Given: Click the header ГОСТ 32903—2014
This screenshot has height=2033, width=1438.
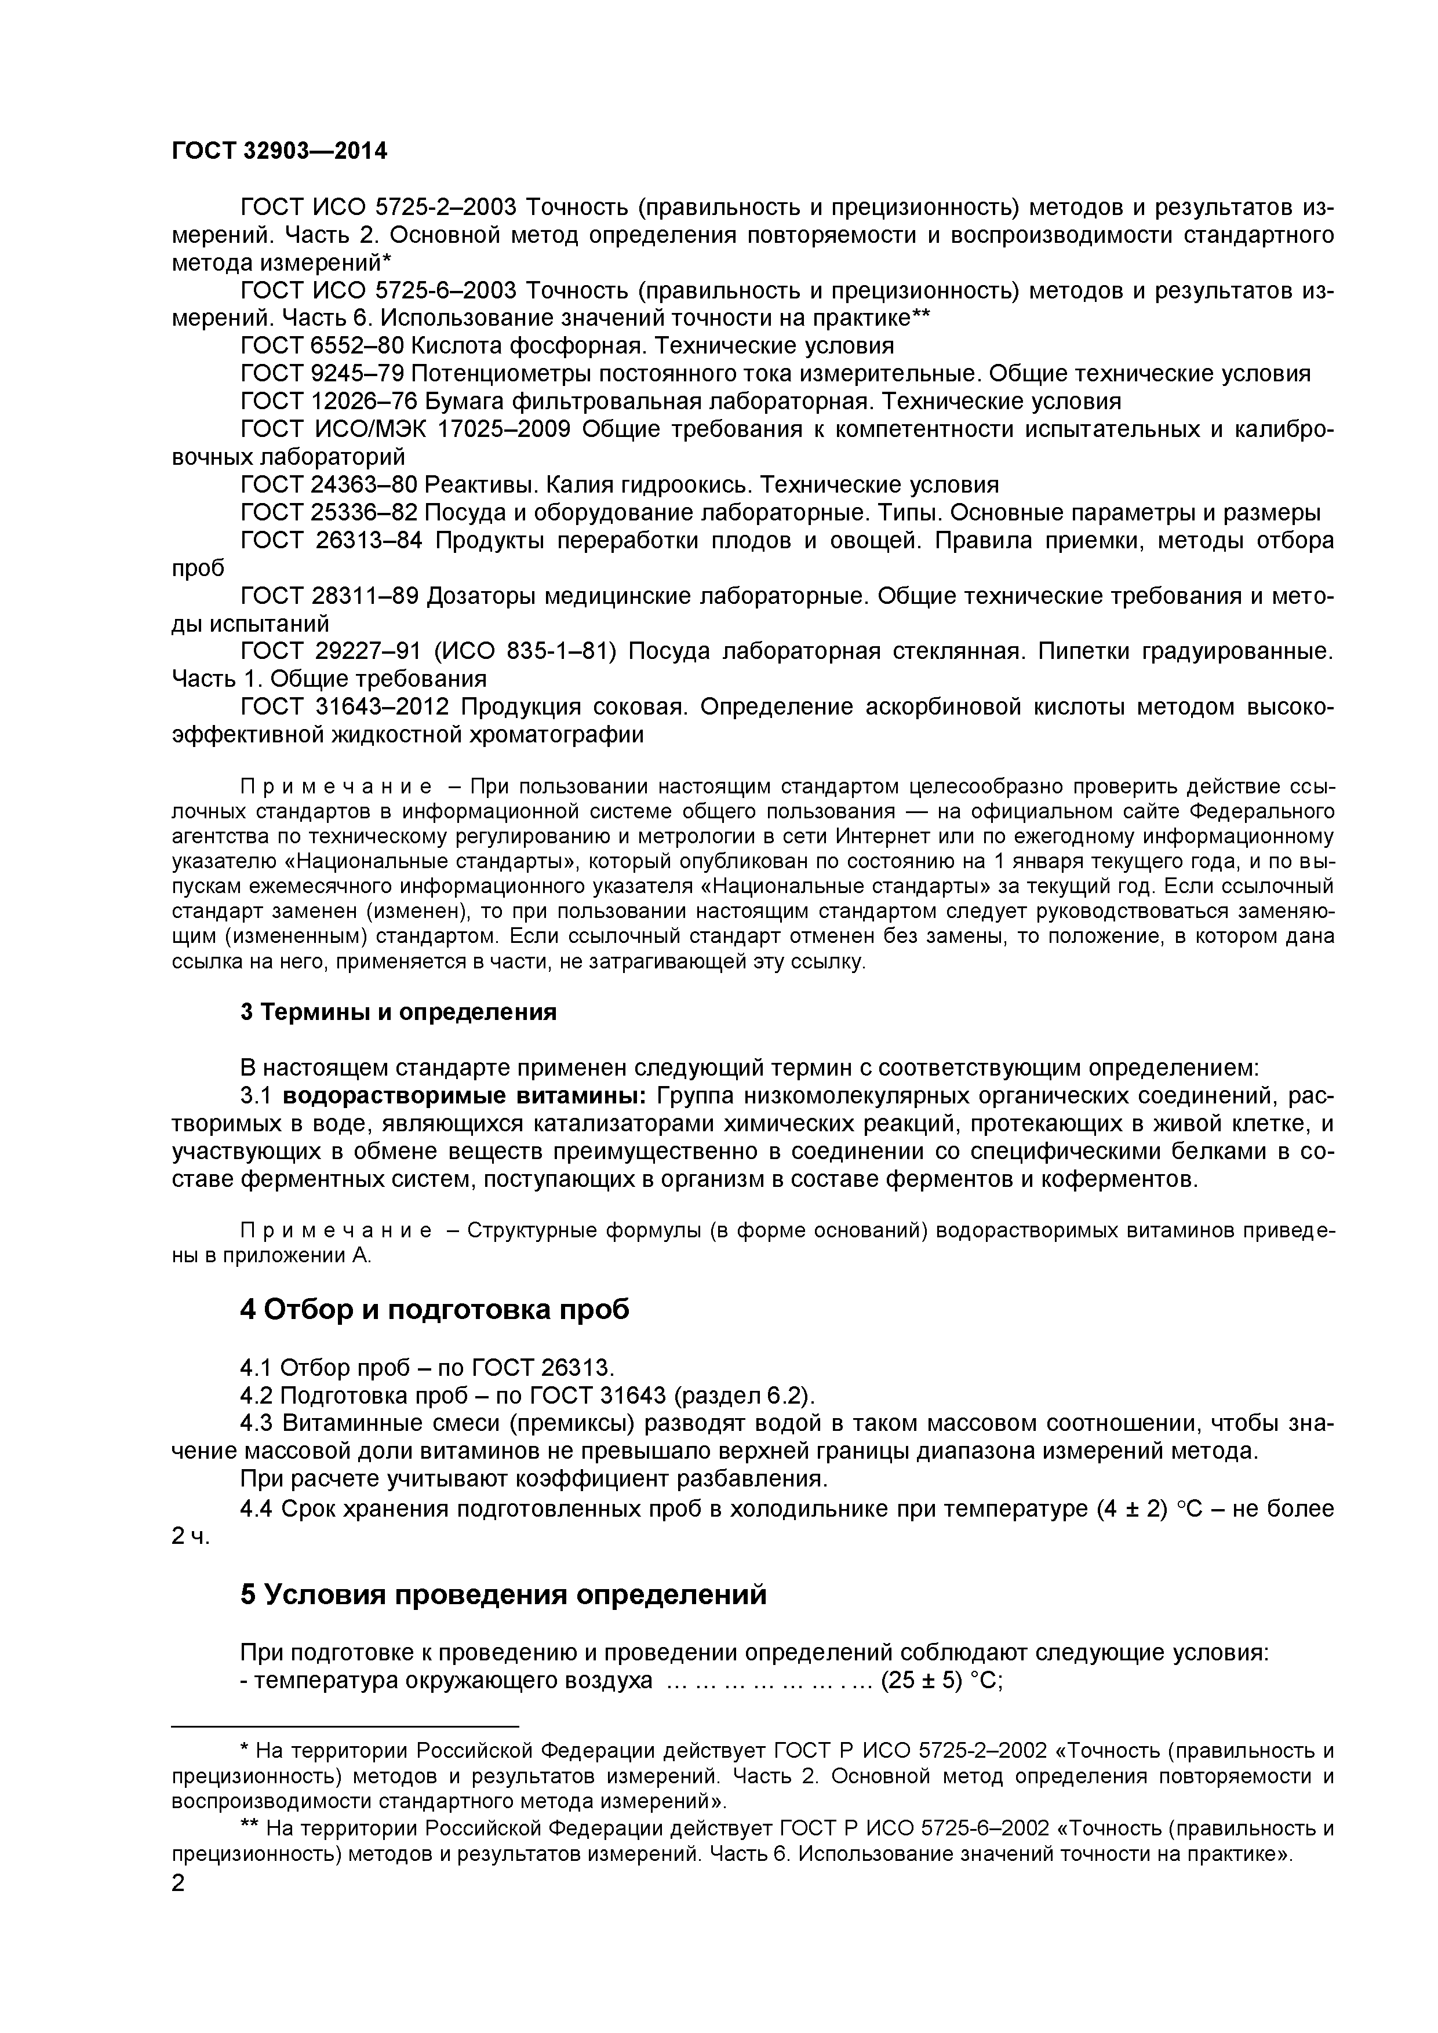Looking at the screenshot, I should pyautogui.click(x=279, y=151).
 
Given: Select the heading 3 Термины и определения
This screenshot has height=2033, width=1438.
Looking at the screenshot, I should pyautogui.click(x=398, y=1012).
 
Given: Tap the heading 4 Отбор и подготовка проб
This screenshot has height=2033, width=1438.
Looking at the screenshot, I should pyautogui.click(x=434, y=1309).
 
